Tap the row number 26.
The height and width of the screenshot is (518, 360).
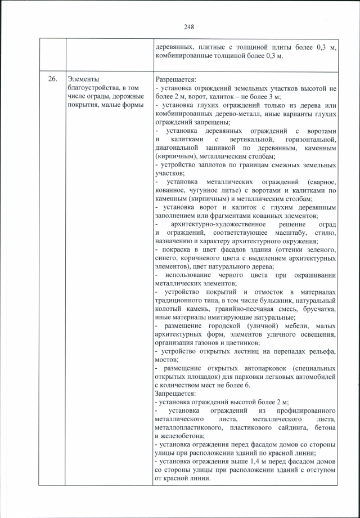[52, 79]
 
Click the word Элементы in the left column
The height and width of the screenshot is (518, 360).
[81, 79]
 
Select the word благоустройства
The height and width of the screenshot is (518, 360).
[90, 87]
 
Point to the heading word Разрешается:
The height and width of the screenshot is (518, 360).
[175, 79]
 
